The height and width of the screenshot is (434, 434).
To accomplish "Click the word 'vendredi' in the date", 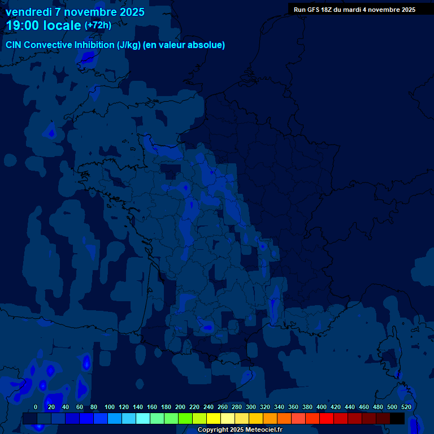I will (29, 12).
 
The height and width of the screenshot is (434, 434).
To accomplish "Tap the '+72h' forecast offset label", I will (98, 25).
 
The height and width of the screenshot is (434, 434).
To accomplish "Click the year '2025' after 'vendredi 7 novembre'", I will (131, 12).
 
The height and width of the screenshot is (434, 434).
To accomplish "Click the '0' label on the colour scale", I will (36, 407).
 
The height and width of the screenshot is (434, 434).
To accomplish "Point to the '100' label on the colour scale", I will (110, 407).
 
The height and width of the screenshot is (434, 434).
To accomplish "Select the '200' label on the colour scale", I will (180, 407).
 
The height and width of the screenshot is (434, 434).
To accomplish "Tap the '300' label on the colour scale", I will (251, 407).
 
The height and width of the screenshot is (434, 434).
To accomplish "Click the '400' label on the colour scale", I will (322, 407).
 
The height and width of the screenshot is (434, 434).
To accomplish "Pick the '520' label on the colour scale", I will (406, 407).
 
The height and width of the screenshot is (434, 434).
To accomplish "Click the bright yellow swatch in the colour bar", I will (213, 419).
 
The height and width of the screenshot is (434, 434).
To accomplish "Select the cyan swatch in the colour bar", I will (142, 419).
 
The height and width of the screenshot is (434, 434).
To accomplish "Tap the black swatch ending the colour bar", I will (397, 419).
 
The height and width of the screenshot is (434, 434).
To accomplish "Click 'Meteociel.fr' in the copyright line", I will (264, 430).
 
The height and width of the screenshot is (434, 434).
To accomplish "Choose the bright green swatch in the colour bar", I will (185, 419).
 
